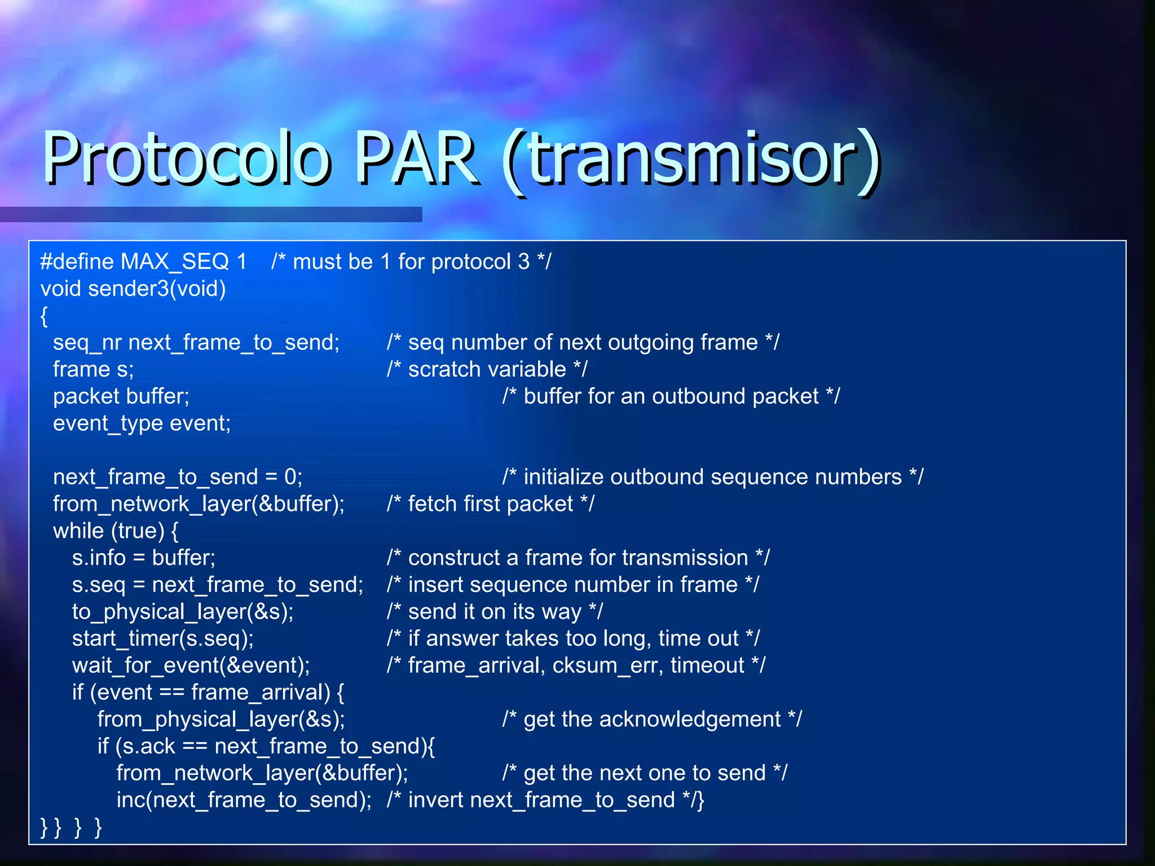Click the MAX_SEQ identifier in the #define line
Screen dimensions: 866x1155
[x=175, y=262]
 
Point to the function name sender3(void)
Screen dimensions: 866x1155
[x=157, y=289]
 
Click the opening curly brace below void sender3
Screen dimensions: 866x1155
[x=44, y=316]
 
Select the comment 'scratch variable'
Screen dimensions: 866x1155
[x=487, y=370]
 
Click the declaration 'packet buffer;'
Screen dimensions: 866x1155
[x=121, y=397]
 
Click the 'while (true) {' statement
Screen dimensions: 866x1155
[x=116, y=531]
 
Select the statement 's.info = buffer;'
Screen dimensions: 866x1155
[x=144, y=558]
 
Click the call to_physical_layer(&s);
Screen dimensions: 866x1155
[x=183, y=612]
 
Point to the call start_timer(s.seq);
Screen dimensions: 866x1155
[x=163, y=639]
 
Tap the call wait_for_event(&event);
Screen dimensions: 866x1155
[x=191, y=666]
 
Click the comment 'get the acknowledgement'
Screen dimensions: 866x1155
[x=652, y=720]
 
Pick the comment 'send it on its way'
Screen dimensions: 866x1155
[x=495, y=612]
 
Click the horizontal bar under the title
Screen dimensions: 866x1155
[x=211, y=214]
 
